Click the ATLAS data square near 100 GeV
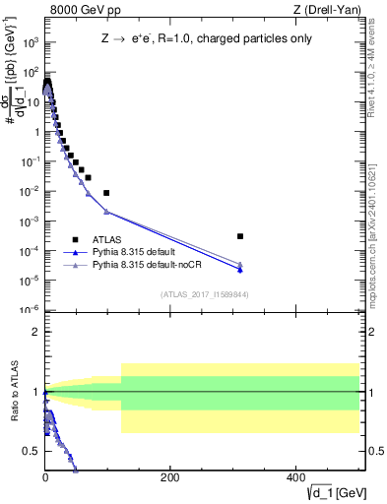(x=106, y=193)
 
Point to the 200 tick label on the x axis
(x=169, y=477)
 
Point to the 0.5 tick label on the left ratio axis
(x=32, y=451)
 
